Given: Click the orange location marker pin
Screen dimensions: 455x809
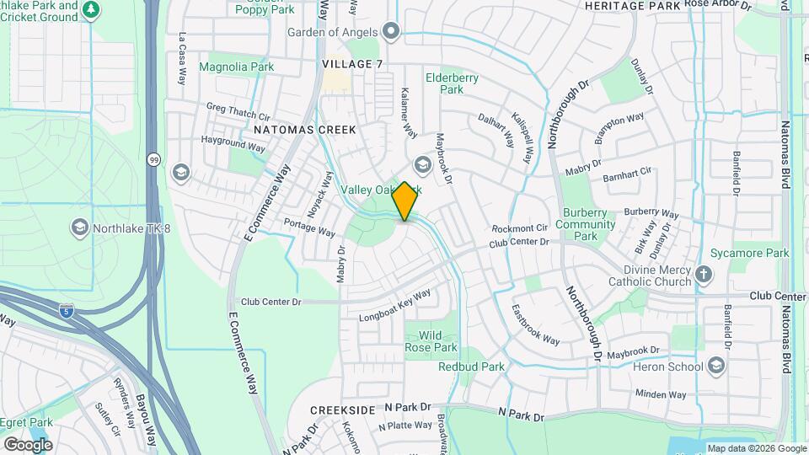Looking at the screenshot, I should [405, 201].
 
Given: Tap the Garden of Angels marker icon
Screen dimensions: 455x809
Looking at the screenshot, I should [390, 32].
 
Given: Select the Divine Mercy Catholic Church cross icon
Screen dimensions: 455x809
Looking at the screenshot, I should [704, 275].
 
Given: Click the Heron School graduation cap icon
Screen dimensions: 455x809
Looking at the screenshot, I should [716, 366].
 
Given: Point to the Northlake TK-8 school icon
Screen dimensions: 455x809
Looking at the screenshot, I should [79, 227].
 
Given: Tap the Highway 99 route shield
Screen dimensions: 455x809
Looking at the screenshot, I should [153, 158].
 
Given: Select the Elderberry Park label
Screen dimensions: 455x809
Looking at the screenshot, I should [452, 83].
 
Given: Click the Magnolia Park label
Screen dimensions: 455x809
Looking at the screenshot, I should [237, 67].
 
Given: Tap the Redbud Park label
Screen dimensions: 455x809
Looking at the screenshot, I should [471, 367].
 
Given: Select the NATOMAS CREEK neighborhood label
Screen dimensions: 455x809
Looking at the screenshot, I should [305, 130].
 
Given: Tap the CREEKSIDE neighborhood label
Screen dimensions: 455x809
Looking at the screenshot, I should [342, 409].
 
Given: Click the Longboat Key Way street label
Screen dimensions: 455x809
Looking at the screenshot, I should [394, 305].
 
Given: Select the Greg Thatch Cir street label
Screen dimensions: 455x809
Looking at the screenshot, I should [238, 112].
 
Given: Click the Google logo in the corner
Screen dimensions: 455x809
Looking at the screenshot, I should [28, 445].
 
